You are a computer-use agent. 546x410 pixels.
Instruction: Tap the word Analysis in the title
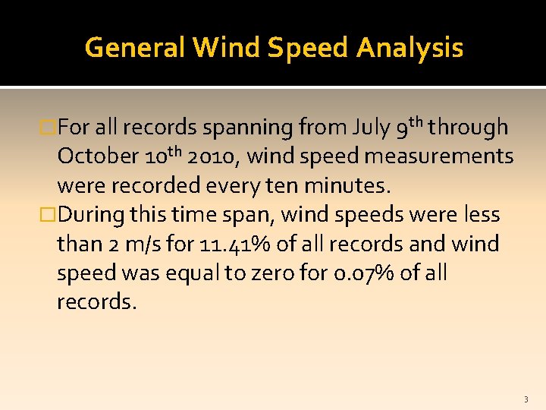[x=409, y=48]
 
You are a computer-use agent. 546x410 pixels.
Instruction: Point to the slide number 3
[x=526, y=399]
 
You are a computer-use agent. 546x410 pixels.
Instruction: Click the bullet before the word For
[x=49, y=128]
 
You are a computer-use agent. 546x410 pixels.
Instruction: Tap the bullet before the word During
[x=49, y=215]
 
